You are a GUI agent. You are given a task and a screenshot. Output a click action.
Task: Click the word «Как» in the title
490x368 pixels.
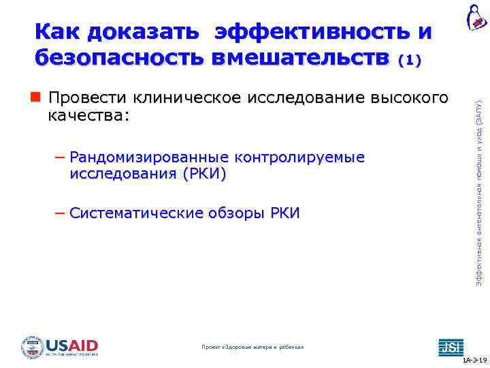tap(58, 31)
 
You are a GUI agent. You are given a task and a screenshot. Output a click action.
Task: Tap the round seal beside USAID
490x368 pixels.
tap(32, 347)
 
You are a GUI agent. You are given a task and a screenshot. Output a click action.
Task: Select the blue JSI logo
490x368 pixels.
tap(450, 346)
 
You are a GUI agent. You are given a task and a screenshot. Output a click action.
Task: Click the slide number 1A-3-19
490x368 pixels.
tap(474, 360)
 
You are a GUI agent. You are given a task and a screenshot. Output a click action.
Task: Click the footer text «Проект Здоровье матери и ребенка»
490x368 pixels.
tap(253, 347)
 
